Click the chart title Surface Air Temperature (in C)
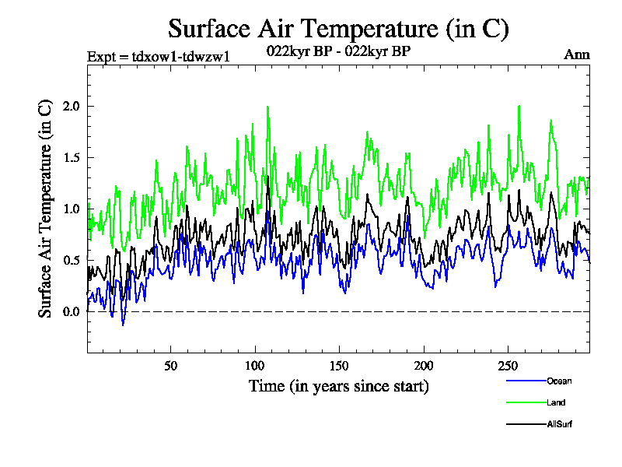338,29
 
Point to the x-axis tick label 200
423,366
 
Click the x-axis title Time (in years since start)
338,386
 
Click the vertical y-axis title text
46,208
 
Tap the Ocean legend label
558,381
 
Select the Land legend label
555,402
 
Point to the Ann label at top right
576,54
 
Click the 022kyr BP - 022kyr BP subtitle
338,51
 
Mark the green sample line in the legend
525,402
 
